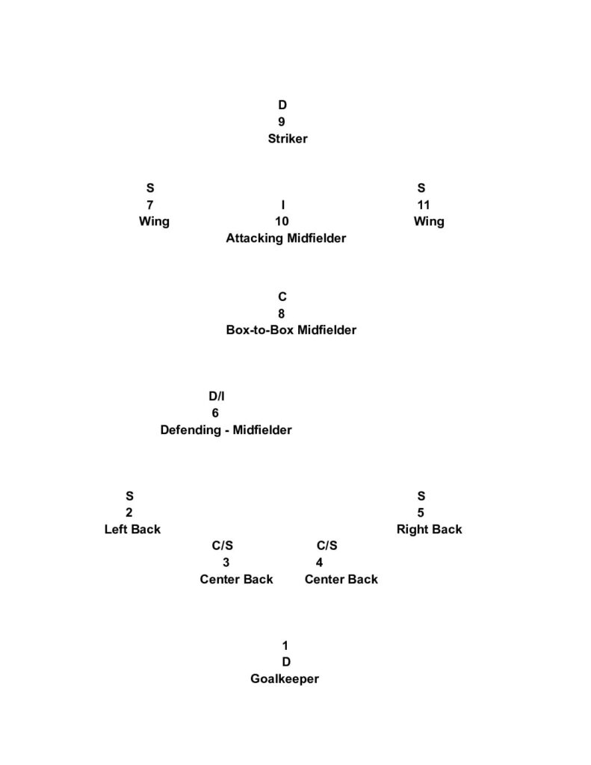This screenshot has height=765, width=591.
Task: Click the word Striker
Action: pos(288,138)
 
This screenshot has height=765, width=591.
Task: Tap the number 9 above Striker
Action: pos(282,122)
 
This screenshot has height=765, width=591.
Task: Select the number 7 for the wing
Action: pos(150,205)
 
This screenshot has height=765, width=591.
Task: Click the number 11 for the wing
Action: pos(424,205)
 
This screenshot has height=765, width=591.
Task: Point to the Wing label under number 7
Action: pos(154,221)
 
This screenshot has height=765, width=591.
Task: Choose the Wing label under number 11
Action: pos(429,221)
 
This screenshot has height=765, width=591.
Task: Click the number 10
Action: pos(282,221)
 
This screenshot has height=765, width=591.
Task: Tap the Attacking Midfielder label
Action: pos(286,238)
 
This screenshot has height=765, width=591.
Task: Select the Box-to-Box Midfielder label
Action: pos(291,329)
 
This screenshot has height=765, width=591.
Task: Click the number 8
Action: pos(282,314)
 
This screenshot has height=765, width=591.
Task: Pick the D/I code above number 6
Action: pos(217,396)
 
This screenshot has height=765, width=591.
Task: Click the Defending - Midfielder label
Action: pos(226,430)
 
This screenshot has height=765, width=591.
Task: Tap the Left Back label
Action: pos(132,529)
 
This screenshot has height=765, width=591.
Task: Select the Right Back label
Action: pos(429,529)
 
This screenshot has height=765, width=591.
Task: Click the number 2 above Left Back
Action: pos(129,512)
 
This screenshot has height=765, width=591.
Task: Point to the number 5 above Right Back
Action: pos(421,512)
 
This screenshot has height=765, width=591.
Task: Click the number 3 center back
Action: pos(226,563)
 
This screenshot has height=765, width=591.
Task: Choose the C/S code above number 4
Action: pos(327,546)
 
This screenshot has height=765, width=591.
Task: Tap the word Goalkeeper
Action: pos(285,679)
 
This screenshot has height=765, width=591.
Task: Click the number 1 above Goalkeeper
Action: pos(285,645)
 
